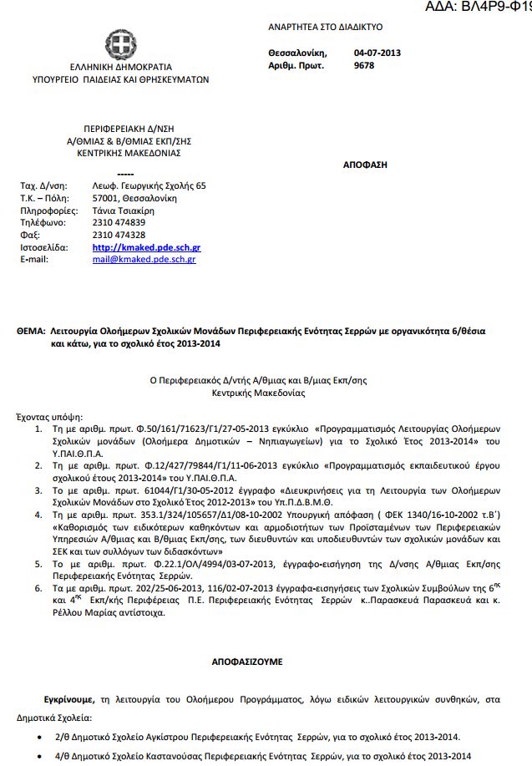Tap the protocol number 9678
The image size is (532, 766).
point(364,65)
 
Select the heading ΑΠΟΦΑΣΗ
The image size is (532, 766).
point(365,165)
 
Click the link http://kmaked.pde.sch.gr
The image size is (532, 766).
point(146,248)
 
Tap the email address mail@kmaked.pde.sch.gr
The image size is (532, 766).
point(144,260)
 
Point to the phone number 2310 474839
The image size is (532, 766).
point(119,223)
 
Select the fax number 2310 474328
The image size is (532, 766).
point(119,236)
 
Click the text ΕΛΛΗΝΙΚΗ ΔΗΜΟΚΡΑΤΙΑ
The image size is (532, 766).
point(116,67)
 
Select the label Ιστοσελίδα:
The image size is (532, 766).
point(41,248)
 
